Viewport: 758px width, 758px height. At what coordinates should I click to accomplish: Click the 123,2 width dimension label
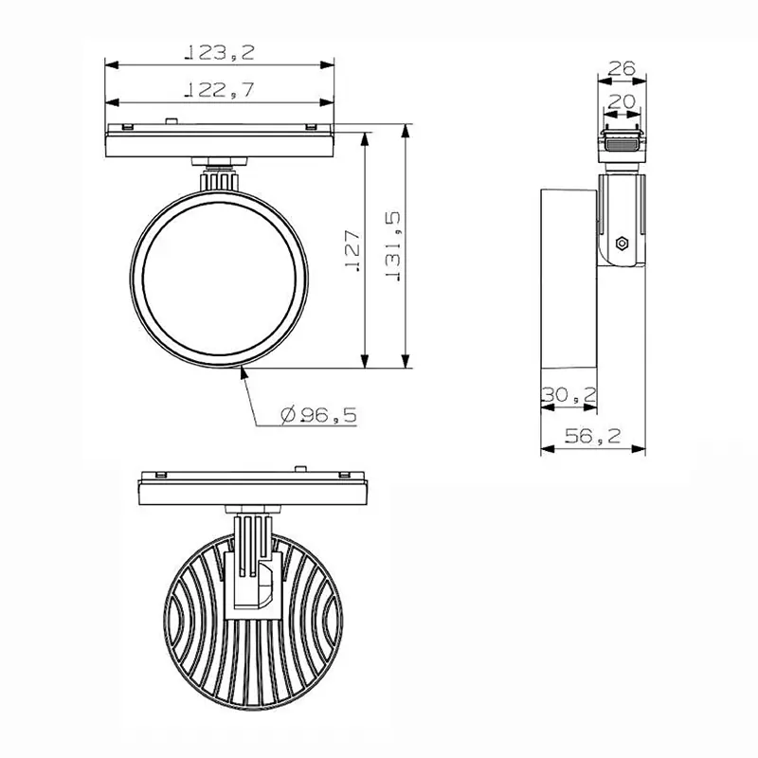pos(220,52)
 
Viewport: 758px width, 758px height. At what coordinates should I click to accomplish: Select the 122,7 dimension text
pos(220,90)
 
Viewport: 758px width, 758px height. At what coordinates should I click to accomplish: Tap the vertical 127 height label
pos(352,250)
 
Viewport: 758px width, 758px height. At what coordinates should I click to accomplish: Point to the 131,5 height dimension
pos(392,246)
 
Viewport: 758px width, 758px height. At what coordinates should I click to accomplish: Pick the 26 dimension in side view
pos(622,68)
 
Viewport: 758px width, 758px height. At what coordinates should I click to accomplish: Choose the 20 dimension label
pos(622,101)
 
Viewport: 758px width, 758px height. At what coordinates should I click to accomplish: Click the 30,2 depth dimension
pos(568,395)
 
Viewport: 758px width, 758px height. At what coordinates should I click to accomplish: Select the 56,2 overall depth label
pos(593,437)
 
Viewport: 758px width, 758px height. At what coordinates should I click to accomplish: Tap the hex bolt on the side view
pos(623,244)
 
